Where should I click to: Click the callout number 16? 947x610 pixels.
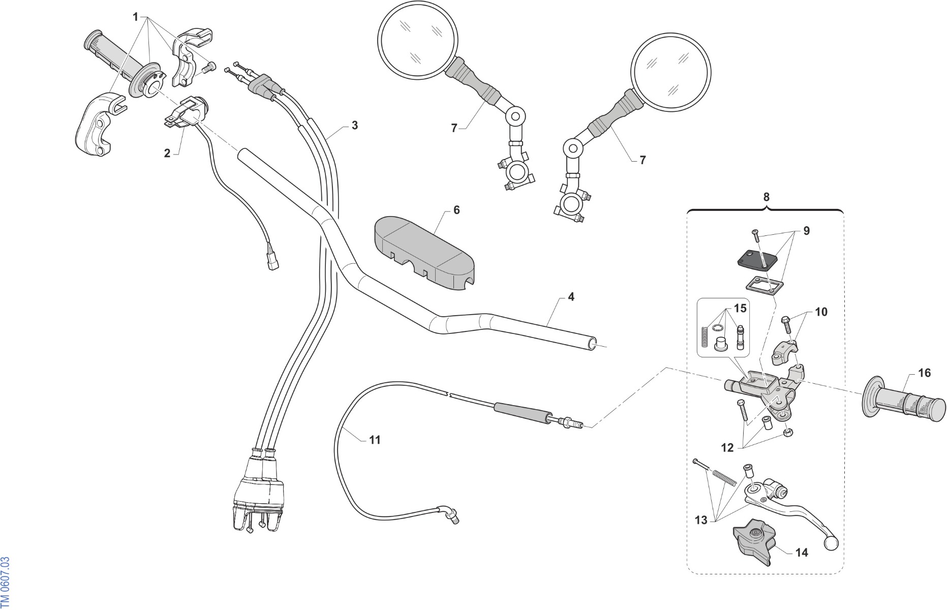(x=924, y=373)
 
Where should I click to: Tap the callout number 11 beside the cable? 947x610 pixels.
(x=375, y=440)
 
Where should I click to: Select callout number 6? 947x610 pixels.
(x=456, y=210)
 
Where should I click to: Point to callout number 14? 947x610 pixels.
(x=802, y=552)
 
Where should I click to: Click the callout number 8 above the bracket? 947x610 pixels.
(x=767, y=197)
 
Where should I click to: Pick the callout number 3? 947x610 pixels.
(x=355, y=125)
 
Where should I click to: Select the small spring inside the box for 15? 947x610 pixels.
(x=705, y=335)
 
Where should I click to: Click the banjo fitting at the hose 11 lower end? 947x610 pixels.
(x=449, y=514)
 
